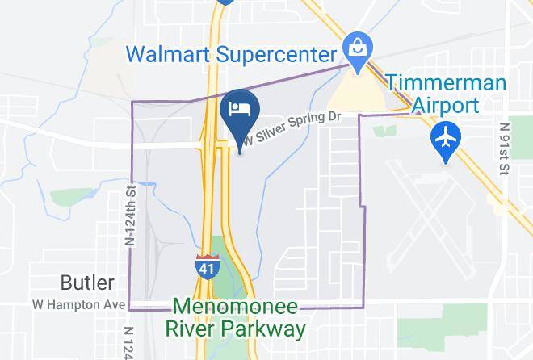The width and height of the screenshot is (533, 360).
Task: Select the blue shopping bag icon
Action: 355,46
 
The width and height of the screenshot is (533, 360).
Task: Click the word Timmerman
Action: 446,83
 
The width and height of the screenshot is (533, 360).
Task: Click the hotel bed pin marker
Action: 239,110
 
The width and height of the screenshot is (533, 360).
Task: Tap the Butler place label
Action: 87,283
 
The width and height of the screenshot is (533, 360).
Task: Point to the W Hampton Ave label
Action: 78,304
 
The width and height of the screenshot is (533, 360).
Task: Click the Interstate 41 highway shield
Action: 206,266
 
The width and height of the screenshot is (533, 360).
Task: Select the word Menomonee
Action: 233,308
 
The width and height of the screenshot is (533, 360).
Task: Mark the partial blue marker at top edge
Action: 225,2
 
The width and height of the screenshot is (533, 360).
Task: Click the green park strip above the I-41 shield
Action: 218,246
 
